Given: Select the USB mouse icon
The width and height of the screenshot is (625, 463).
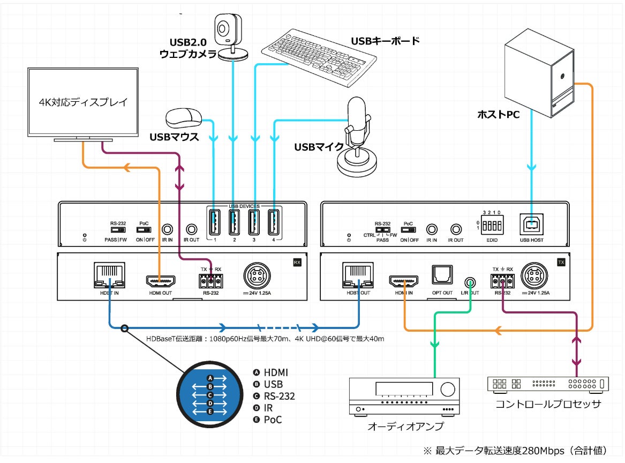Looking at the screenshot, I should point(183,117).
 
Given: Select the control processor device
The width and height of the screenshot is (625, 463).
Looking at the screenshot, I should point(548,384).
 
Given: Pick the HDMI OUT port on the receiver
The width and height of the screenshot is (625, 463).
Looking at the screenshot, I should point(160,281).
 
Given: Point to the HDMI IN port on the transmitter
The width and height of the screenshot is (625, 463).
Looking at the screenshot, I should point(404,281).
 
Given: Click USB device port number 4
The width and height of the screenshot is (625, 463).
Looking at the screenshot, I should point(273,222).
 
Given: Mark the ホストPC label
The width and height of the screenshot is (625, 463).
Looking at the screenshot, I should point(499,114).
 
